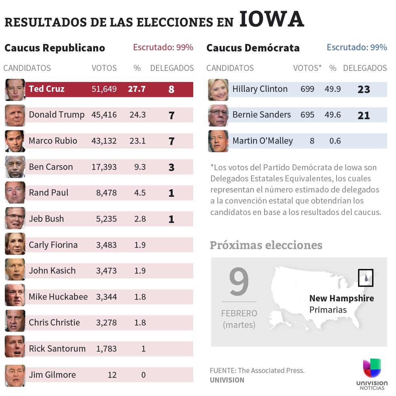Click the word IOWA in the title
[272, 20]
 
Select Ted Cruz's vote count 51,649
[104, 89]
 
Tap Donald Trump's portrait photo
[15, 115]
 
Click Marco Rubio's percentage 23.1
[137, 141]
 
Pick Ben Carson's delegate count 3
[171, 167]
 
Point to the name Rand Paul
[48, 193]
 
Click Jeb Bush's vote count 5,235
[106, 219]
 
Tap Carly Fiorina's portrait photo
[15, 244]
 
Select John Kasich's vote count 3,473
[106, 271]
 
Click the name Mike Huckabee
[58, 297]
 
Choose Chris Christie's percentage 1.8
[140, 323]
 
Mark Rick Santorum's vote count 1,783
[106, 349]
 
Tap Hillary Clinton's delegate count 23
[364, 89]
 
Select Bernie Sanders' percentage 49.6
[332, 115]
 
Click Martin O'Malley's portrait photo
[218, 141]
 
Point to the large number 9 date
[239, 282]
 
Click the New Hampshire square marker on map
[366, 278]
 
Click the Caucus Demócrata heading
[253, 48]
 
